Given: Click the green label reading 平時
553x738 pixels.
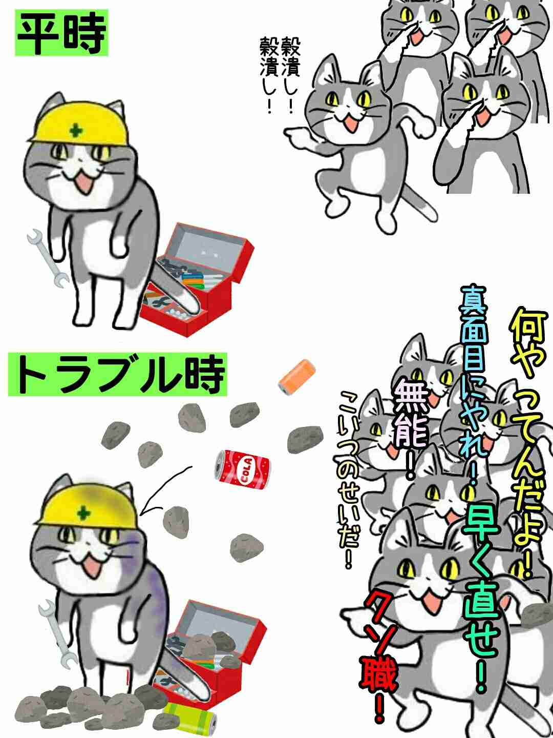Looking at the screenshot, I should click(61, 33).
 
